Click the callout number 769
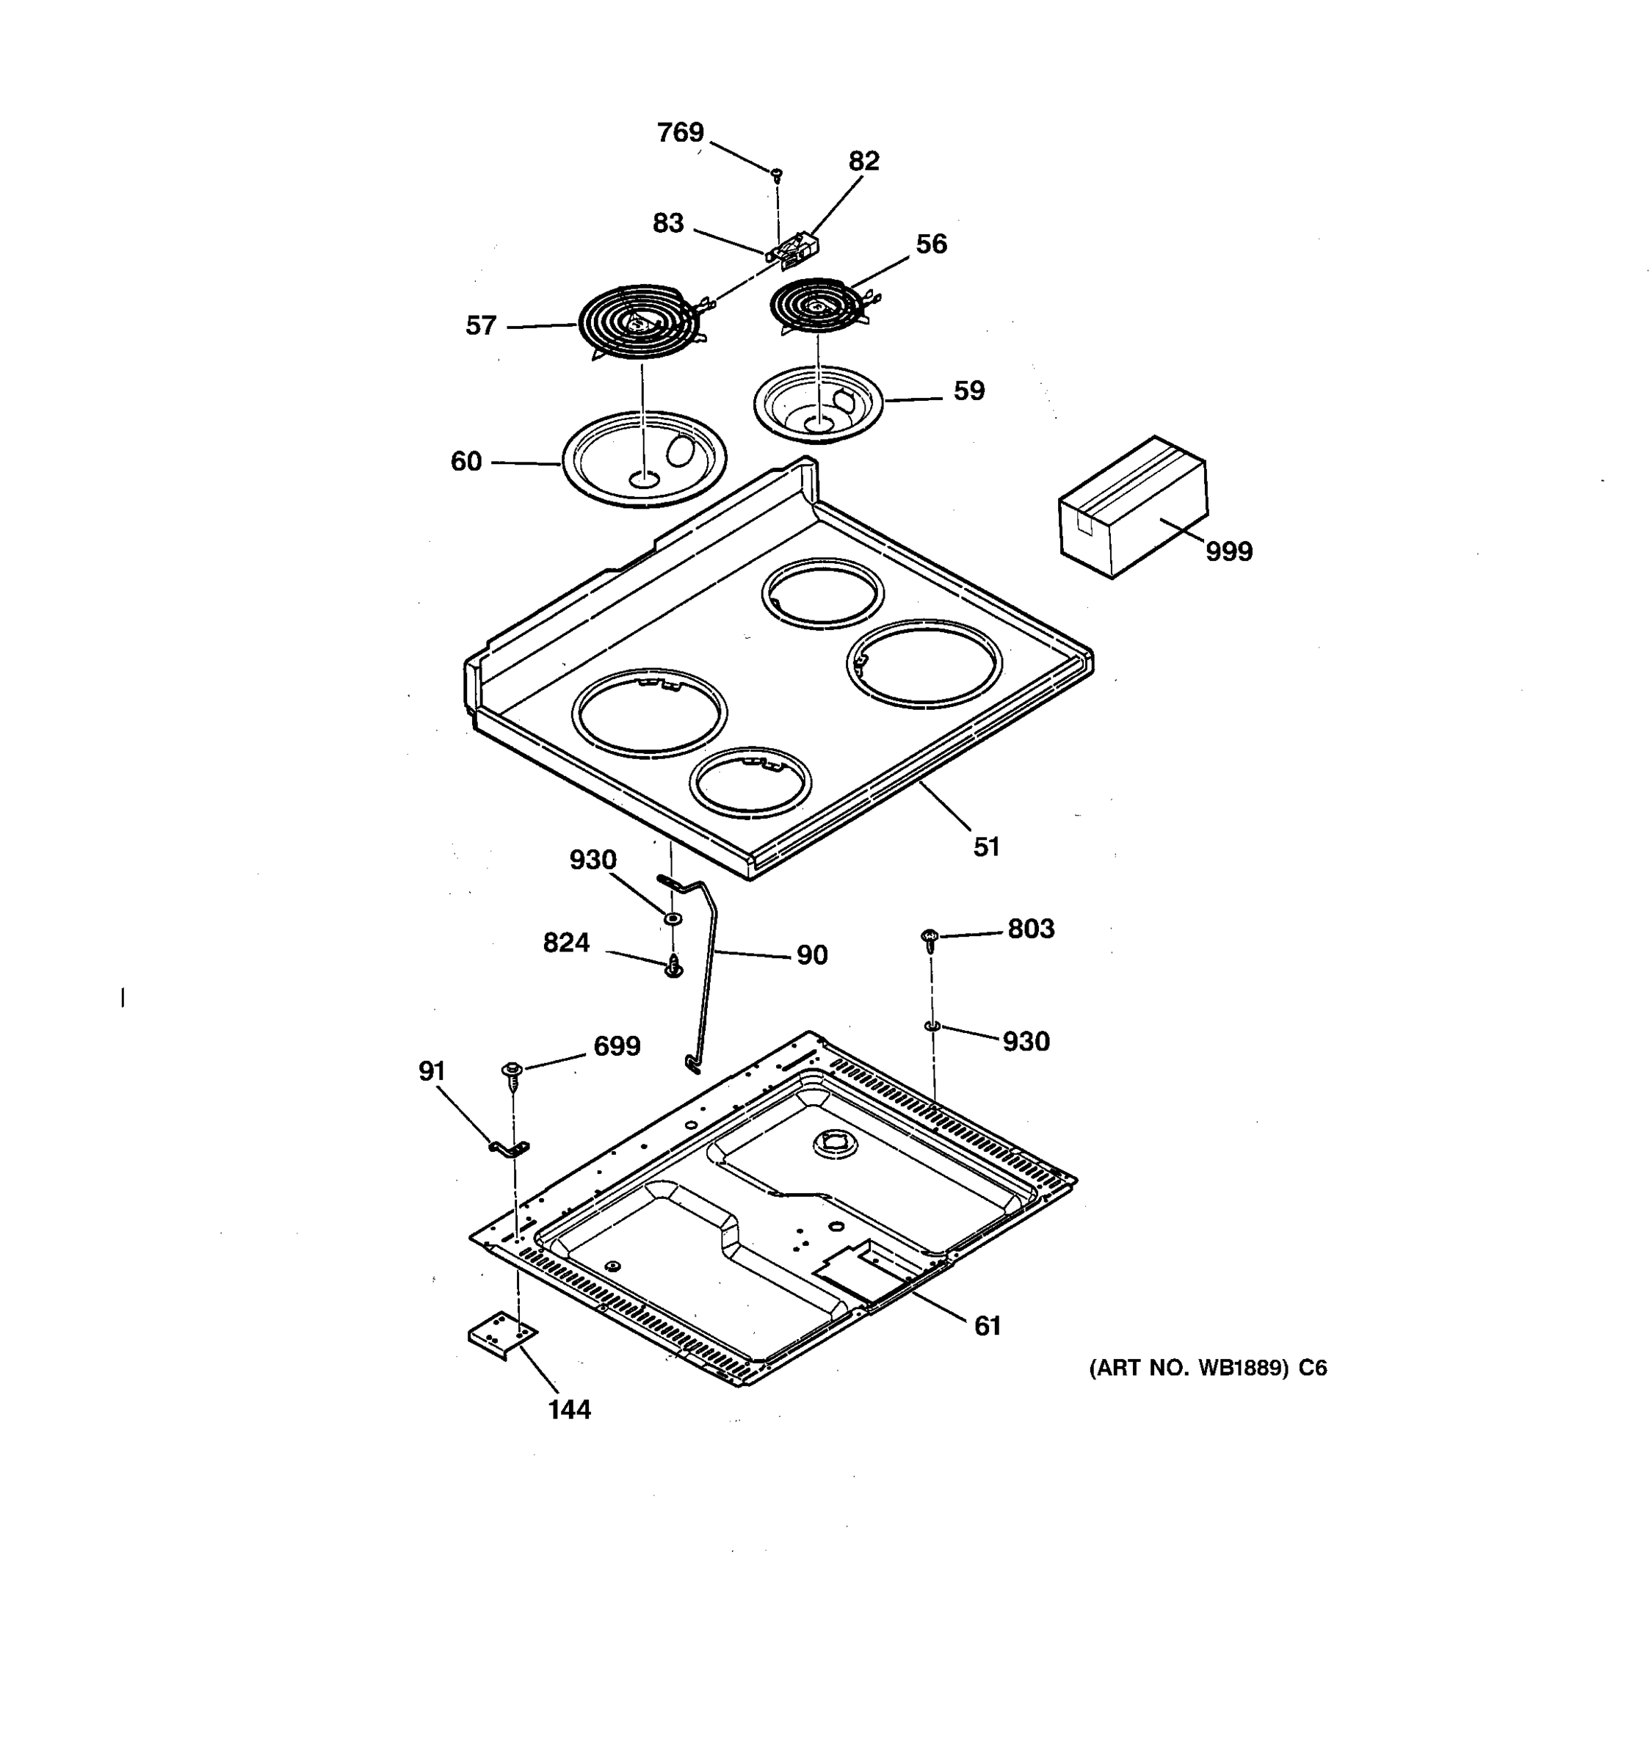pyautogui.click(x=680, y=133)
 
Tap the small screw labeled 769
pyautogui.click(x=776, y=172)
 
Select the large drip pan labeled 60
pyautogui.click(x=645, y=458)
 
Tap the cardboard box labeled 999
pyautogui.click(x=1133, y=507)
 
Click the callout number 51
pyautogui.click(x=986, y=847)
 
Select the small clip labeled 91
pyautogui.click(x=510, y=1150)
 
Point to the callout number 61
pyautogui.click(x=988, y=1326)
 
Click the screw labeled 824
pyautogui.click(x=673, y=967)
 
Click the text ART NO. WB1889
pyautogui.click(x=1187, y=1368)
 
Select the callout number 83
pyautogui.click(x=668, y=223)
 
